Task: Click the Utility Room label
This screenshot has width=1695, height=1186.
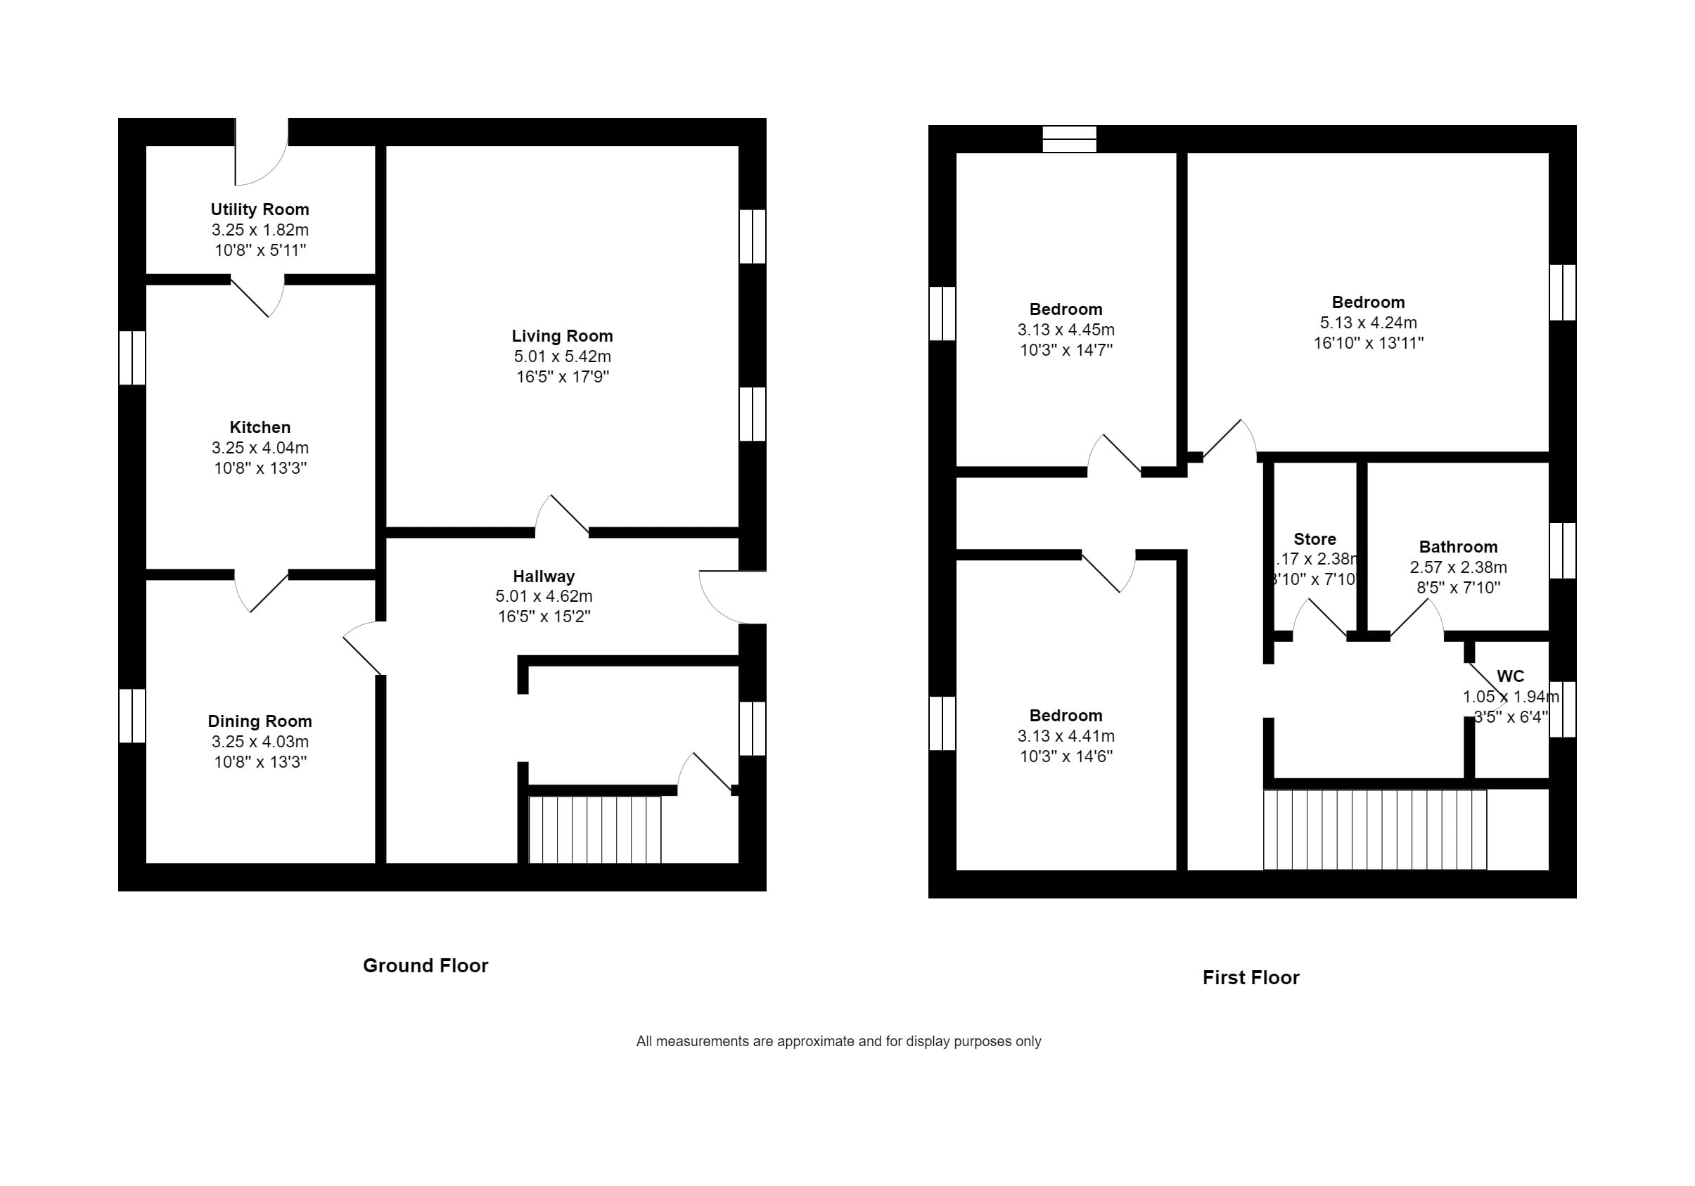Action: [260, 210]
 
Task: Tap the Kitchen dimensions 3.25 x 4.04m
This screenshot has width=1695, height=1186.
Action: [260, 448]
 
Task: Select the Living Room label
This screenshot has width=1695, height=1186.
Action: [563, 336]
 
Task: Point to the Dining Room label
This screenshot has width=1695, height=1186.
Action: [260, 721]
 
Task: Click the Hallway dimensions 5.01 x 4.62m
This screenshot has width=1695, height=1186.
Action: [544, 596]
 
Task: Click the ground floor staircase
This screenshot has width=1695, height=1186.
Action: [595, 830]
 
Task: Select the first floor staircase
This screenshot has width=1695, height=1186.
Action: [1374, 830]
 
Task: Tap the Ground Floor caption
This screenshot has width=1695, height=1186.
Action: [426, 965]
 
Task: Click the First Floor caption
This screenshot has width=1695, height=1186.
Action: [1251, 977]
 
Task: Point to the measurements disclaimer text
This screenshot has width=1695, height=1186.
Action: [838, 1041]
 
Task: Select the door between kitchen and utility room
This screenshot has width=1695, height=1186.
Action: [258, 295]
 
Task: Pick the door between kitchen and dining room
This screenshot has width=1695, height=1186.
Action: [262, 589]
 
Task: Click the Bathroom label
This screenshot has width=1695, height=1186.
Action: [1458, 547]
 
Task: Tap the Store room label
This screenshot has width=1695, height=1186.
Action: [1315, 539]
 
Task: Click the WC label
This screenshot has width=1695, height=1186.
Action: [1511, 676]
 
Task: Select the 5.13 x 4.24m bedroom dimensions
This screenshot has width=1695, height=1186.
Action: [1368, 323]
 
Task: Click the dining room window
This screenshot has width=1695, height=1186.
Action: [132, 716]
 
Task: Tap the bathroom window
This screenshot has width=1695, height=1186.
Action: [1562, 550]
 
